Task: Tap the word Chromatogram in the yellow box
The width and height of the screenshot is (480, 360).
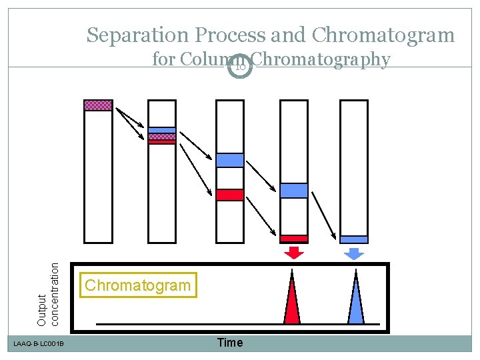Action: (x=137, y=285)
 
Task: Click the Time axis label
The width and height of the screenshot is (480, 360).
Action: (x=230, y=343)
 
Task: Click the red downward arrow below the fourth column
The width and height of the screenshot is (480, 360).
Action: (x=293, y=252)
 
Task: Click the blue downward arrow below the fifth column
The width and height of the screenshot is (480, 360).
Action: (x=354, y=252)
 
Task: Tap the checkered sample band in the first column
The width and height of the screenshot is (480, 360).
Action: (x=98, y=105)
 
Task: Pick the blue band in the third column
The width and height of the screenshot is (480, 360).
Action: (x=230, y=160)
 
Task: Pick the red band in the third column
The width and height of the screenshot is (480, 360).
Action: (x=230, y=195)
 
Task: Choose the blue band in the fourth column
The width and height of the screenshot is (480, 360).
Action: (x=293, y=191)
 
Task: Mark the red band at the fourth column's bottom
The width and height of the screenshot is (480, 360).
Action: (x=293, y=239)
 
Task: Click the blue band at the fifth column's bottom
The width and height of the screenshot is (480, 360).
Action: (x=354, y=239)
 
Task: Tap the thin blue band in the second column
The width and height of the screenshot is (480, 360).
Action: (x=161, y=130)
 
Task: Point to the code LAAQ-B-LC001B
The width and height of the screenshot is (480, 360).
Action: (x=39, y=344)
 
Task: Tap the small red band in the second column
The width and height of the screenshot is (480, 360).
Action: (x=161, y=142)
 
